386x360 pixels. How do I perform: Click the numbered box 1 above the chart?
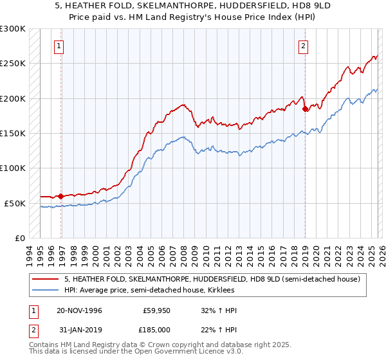click(x=59, y=46)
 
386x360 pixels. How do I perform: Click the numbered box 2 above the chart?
click(x=302, y=46)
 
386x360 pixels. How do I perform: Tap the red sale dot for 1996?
click(x=61, y=196)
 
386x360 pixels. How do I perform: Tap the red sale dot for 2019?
click(x=305, y=109)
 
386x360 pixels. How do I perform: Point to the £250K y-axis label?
click(x=13, y=64)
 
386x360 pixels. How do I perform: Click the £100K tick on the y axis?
click(x=13, y=168)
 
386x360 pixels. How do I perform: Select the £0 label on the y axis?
click(x=19, y=238)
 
